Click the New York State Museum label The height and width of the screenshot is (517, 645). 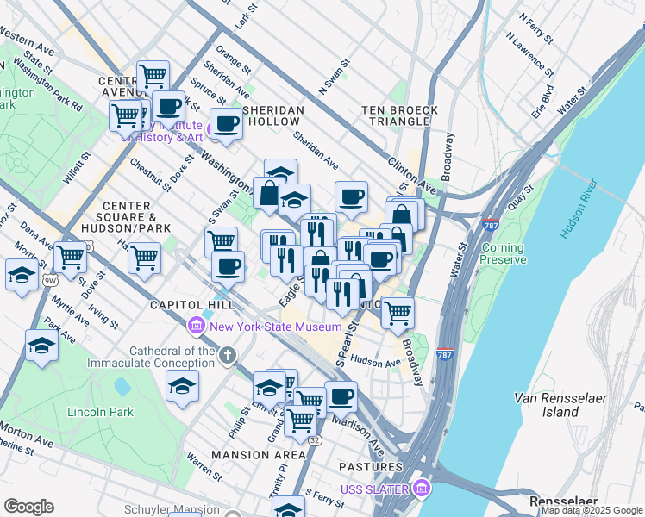tap(268, 327)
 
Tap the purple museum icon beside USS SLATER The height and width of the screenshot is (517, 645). tap(421, 489)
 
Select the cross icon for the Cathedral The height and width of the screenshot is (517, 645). tap(227, 355)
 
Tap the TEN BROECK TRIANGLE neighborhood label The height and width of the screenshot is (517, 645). tap(399, 115)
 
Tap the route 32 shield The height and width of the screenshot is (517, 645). tap(316, 440)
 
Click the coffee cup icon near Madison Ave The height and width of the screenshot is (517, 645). tap(341, 396)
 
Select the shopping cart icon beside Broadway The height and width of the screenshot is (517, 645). tap(397, 312)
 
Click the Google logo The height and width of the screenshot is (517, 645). tap(28, 507)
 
